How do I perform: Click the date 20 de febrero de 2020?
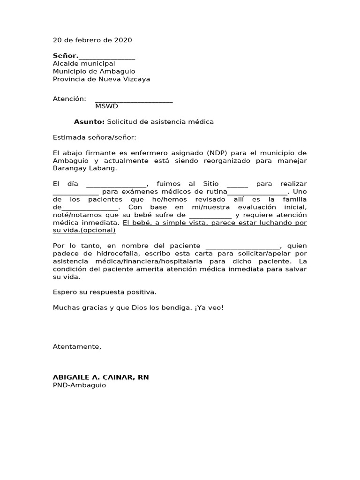click(x=92, y=40)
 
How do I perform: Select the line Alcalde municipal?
click(x=83, y=63)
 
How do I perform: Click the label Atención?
click(x=69, y=99)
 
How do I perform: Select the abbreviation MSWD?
click(x=106, y=106)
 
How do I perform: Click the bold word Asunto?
click(x=89, y=122)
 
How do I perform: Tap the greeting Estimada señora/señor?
click(x=94, y=137)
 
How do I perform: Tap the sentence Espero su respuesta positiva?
click(x=105, y=292)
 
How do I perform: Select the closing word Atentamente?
click(x=77, y=346)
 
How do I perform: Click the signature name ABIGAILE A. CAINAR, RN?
click(x=101, y=377)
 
